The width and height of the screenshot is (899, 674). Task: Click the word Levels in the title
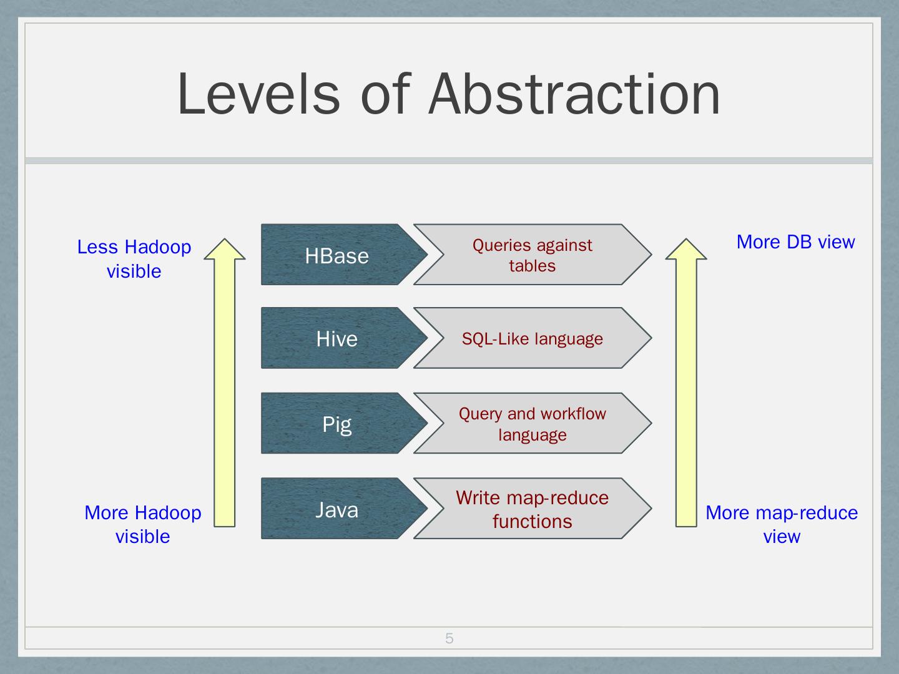(x=258, y=94)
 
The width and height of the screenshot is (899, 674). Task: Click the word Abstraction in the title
(x=574, y=94)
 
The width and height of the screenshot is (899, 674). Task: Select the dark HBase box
(x=337, y=255)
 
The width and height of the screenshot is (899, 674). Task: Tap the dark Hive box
(x=337, y=339)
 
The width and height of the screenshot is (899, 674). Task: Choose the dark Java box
(x=337, y=509)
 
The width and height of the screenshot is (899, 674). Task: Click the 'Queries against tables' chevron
(x=533, y=255)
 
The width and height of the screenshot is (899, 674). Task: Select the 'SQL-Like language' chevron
(x=533, y=339)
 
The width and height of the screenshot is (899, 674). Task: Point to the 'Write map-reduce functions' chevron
(x=533, y=509)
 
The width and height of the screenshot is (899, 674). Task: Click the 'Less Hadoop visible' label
(x=134, y=259)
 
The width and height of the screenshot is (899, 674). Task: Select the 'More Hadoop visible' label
(x=143, y=524)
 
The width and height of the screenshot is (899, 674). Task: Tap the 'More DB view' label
(x=795, y=242)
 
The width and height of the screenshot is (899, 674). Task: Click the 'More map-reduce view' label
(x=782, y=524)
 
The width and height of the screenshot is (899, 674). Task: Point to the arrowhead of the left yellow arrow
(x=225, y=249)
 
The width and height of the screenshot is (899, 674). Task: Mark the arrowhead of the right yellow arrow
(x=686, y=249)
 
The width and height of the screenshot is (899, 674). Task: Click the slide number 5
(x=449, y=638)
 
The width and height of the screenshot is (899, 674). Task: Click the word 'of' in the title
(x=385, y=94)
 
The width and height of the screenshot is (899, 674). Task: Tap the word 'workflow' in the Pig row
(x=572, y=414)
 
